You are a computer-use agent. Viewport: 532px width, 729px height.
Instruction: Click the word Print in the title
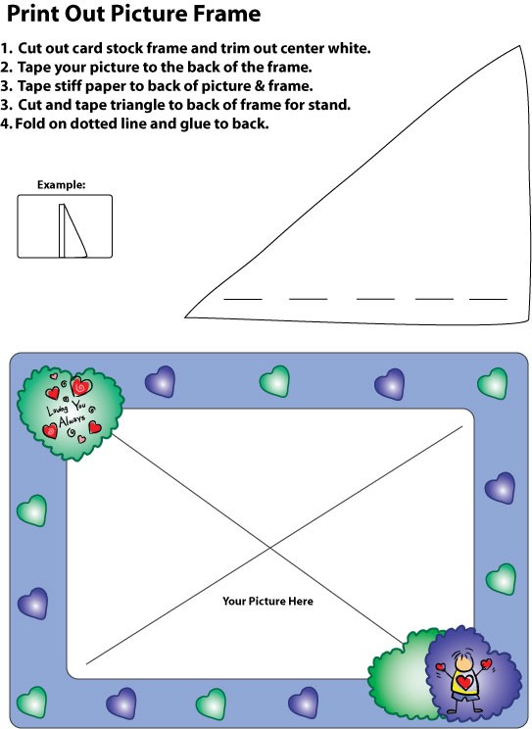point(32,14)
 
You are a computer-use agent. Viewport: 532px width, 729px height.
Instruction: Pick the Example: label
point(62,184)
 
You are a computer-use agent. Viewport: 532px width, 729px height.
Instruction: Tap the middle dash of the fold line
point(375,299)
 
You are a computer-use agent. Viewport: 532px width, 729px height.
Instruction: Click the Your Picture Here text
point(267,602)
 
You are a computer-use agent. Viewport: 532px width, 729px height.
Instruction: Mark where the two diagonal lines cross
point(269,549)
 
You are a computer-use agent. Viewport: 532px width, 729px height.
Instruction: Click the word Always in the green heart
point(73,419)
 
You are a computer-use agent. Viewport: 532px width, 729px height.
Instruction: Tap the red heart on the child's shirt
point(464,683)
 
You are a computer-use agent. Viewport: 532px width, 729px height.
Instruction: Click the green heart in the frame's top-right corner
point(493,383)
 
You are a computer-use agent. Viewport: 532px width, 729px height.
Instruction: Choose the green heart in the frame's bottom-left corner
point(31,702)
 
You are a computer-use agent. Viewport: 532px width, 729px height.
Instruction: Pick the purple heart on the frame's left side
point(32,604)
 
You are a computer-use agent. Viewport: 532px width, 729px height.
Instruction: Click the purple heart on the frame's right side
point(500,488)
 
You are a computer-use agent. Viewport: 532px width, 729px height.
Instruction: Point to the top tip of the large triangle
point(520,45)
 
